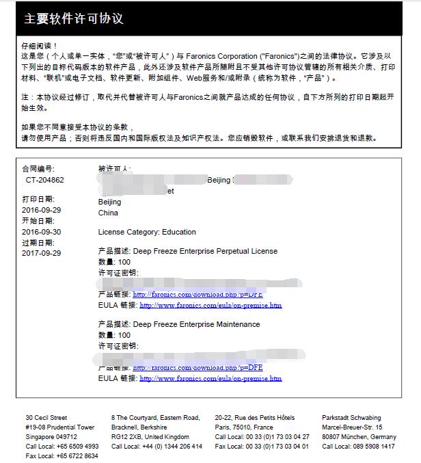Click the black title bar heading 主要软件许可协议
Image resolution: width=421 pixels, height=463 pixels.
point(74,18)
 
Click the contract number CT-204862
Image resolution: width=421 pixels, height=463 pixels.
point(45,180)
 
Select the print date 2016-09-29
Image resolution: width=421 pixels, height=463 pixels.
point(41,211)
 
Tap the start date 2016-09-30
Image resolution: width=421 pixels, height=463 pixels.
point(41,232)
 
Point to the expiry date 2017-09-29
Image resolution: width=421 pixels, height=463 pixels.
point(41,253)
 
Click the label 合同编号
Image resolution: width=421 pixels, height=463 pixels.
point(38,169)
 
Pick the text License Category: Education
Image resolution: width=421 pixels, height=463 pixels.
point(147,232)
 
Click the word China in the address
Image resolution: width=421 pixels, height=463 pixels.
point(108,213)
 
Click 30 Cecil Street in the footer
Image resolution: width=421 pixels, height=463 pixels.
point(46,417)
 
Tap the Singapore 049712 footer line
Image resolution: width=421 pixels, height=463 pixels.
point(51,436)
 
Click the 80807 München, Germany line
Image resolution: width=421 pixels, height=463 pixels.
point(359,436)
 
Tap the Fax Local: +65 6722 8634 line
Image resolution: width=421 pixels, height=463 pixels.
point(62,456)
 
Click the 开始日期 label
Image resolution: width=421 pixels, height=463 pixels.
point(38,221)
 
